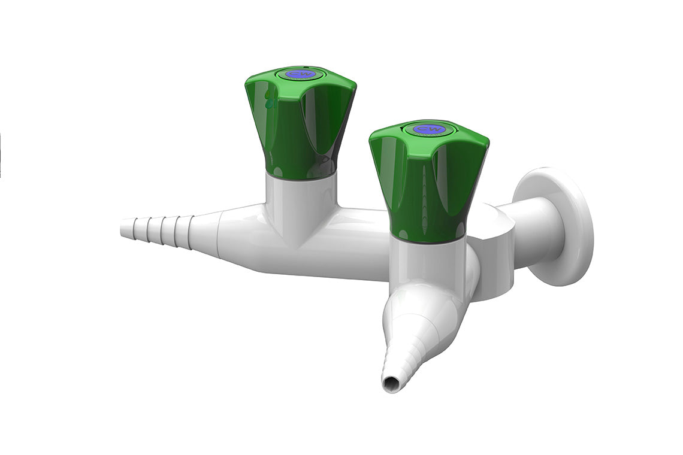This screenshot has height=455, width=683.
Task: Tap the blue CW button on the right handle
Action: point(427,129)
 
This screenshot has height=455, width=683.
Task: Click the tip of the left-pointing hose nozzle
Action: point(124,227)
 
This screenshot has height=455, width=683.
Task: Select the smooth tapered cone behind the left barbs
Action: point(207,230)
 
